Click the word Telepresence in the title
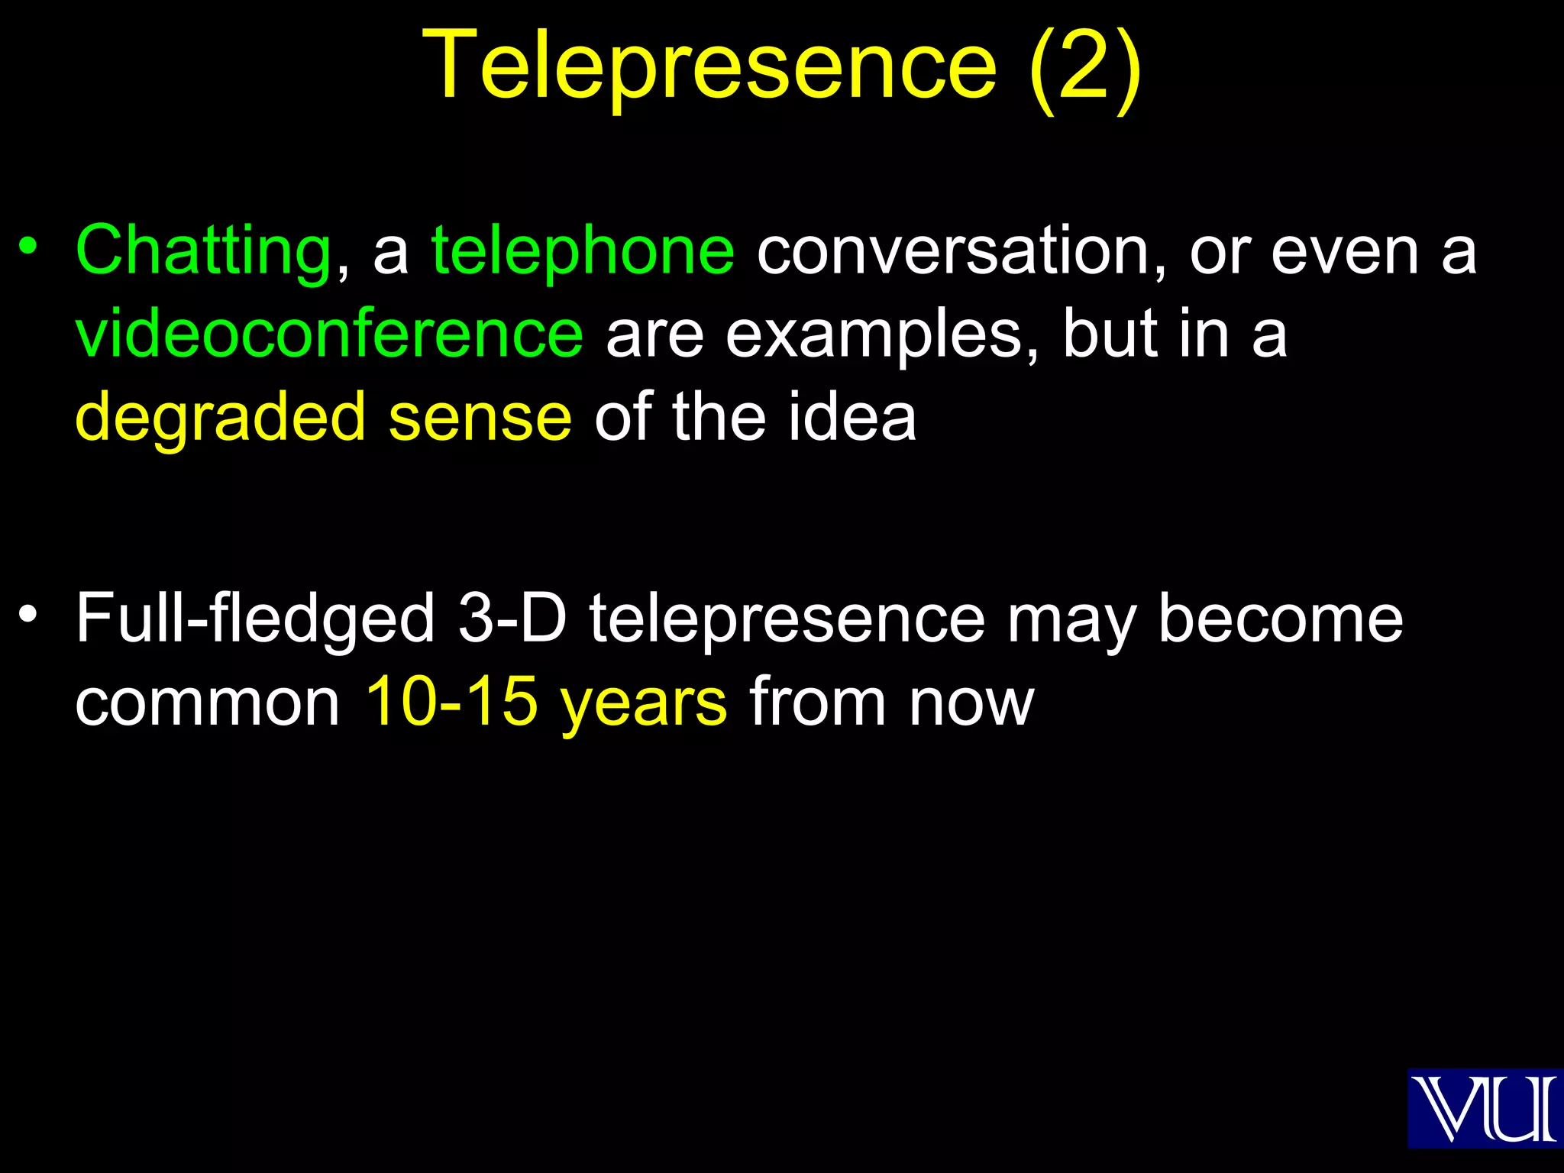709,66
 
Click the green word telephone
583,250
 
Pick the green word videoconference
329,334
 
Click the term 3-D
512,619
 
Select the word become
1281,619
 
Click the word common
207,703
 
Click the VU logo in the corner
1484,1108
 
